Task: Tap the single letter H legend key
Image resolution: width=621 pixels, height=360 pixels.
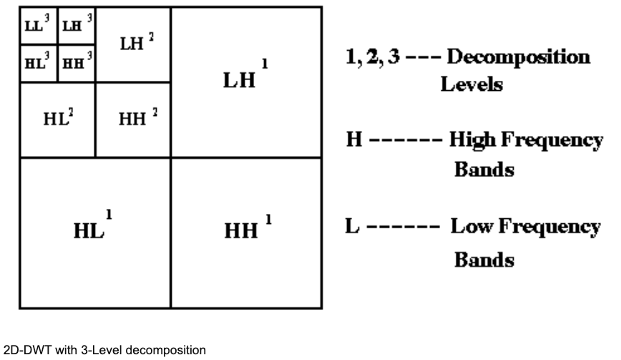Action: click(353, 142)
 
